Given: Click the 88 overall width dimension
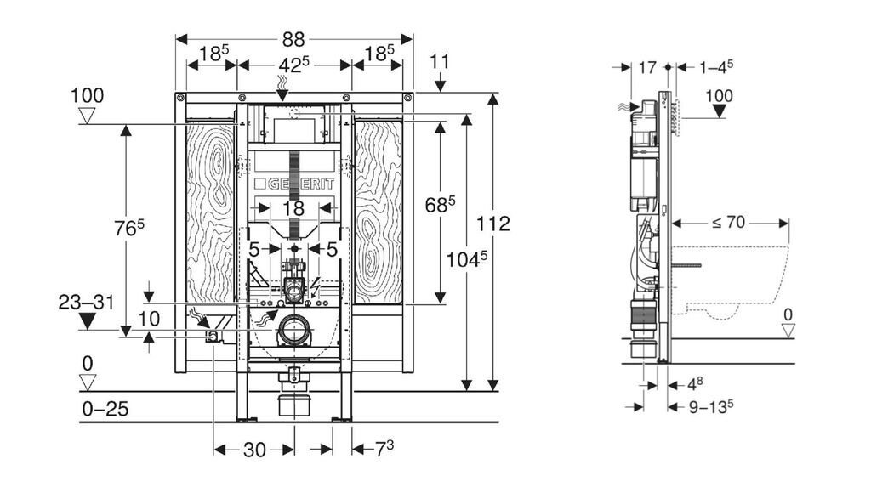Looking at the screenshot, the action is coord(293,39).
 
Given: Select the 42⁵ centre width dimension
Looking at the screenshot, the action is coord(293,65).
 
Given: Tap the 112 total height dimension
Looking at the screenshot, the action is coord(493,224).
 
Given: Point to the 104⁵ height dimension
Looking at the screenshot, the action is coord(467,258).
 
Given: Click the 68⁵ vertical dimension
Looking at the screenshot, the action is coord(440,204).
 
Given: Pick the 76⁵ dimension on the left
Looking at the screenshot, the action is coord(129,227).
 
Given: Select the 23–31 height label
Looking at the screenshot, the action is coord(86,303).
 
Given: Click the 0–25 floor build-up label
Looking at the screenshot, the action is coord(105,409).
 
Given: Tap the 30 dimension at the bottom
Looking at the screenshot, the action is coord(254,450).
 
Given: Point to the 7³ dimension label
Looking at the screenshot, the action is coord(384,449).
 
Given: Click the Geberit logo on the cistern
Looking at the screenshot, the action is coord(294,184).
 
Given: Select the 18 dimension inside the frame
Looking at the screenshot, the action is coord(293,209).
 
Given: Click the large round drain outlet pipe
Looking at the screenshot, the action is coord(294,331).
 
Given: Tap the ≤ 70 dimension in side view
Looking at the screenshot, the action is coord(728,223).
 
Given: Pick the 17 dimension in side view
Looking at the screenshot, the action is coord(647,68).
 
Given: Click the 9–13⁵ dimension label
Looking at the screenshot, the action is coord(711,407).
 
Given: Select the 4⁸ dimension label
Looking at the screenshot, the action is coord(695,383).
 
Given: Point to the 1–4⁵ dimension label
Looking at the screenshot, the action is coord(716,67).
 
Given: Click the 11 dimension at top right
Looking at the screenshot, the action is coord(440,61).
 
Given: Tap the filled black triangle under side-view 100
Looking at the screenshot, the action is coord(719,111).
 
